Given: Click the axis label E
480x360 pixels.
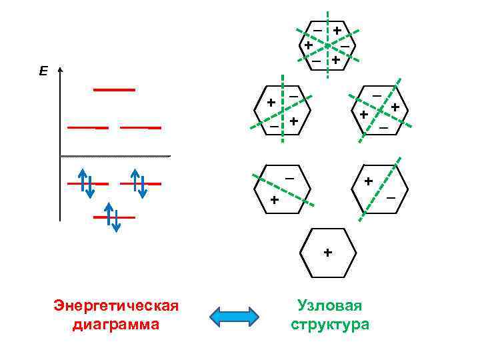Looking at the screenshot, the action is pos(43,71).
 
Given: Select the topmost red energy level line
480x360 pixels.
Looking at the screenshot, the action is pos(114,89).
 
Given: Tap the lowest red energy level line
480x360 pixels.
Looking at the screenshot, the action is pos(114,217).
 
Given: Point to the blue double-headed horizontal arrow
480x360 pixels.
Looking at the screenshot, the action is pos(235,317).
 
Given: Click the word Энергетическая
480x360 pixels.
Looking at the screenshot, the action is pos(116,306).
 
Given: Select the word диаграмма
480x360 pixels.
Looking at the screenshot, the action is pos(116,325).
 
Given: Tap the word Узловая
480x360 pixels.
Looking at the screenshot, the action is pos(329,306).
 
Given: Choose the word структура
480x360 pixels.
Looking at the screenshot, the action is pos(329,325).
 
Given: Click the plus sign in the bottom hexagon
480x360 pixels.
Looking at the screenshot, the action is pos(327,253).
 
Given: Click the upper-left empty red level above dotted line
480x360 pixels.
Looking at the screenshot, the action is pos(87,127).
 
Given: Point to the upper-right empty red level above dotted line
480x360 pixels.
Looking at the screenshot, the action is pos(141,127).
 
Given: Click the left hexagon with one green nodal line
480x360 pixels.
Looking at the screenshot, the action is pos(281,189).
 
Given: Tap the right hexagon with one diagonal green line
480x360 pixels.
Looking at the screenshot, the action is pos(380,188).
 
